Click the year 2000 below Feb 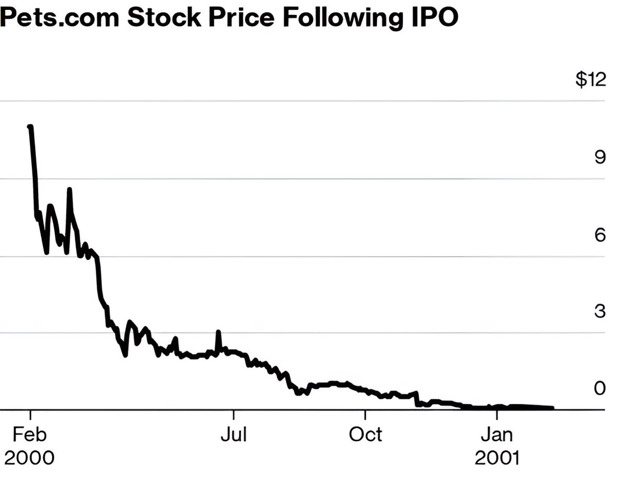[30, 457]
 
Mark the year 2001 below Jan [496, 457]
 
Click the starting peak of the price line [30, 126]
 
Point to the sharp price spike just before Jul [218, 332]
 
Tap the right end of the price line [552, 408]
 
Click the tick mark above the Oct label [365, 415]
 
